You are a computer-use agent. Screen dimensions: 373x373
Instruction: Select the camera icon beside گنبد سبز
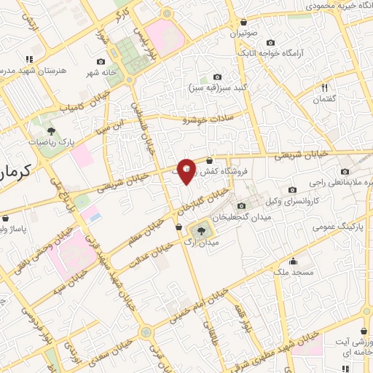click(217, 77)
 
